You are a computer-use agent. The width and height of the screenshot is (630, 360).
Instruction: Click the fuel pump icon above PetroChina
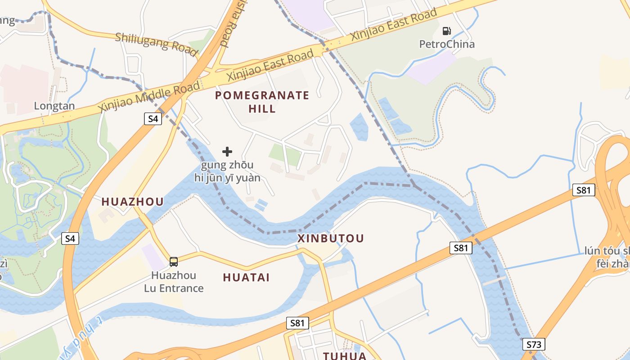pyautogui.click(x=446, y=31)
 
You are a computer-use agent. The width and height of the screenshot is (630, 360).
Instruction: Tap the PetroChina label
pyautogui.click(x=447, y=44)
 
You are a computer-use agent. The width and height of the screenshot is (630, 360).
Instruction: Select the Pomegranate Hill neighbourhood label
pyautogui.click(x=262, y=102)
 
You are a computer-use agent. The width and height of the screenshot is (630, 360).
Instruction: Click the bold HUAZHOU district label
pyautogui.click(x=132, y=202)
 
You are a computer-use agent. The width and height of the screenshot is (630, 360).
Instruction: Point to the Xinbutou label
pyautogui.click(x=331, y=238)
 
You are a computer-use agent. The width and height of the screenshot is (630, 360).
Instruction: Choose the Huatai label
pyautogui.click(x=246, y=278)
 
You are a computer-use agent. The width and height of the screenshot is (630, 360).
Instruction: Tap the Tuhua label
pyautogui.click(x=345, y=356)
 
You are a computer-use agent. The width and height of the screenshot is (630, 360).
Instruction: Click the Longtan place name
pyautogui.click(x=54, y=106)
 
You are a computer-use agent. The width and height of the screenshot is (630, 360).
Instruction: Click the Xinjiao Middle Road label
pyautogui.click(x=148, y=98)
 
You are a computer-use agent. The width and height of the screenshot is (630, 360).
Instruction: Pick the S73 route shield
pyautogui.click(x=533, y=345)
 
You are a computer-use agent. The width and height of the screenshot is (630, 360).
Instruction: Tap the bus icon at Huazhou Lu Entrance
pyautogui.click(x=174, y=261)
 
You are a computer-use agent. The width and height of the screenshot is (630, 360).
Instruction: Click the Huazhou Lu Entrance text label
pyautogui.click(x=174, y=282)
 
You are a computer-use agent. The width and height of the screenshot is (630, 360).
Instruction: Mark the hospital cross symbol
pyautogui.click(x=227, y=152)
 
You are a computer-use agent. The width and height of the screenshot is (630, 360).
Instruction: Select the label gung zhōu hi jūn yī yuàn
pyautogui.click(x=227, y=171)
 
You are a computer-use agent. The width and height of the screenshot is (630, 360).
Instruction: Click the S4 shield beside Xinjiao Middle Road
pyautogui.click(x=153, y=119)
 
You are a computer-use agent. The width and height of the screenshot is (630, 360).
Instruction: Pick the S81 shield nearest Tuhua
pyautogui.click(x=297, y=323)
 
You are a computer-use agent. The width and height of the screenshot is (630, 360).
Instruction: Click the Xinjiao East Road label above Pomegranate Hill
pyautogui.click(x=270, y=66)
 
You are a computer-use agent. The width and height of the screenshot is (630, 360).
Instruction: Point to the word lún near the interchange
pyautogui.click(x=593, y=251)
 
